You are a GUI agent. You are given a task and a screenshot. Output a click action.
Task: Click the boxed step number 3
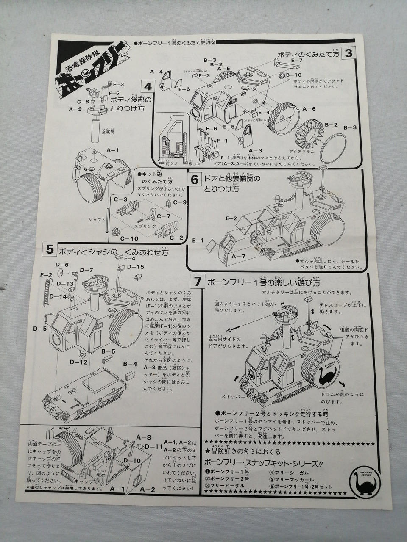[348, 54]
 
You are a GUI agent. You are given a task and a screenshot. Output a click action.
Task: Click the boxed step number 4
[148, 87]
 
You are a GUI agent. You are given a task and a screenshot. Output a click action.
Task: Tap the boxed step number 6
[195, 180]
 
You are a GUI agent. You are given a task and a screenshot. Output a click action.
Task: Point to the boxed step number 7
[196, 281]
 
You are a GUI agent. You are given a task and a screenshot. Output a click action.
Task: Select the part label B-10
[293, 75]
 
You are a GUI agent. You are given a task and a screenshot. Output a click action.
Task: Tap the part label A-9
[75, 109]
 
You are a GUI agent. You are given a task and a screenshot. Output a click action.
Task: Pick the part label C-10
[129, 239]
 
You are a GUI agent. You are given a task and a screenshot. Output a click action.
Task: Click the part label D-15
[135, 267]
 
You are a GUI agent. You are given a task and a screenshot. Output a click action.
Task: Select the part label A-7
[238, 257]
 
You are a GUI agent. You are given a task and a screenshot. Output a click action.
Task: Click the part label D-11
[154, 446]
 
